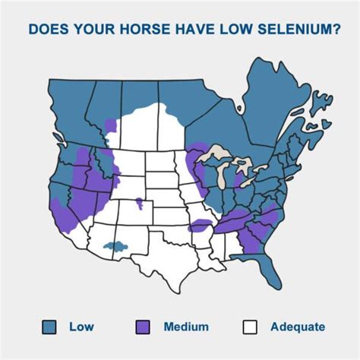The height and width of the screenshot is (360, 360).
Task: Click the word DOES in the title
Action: pos(47,30)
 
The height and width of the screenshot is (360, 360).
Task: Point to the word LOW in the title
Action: pos(216,30)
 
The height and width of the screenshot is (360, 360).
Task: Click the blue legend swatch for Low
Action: pos(49,327)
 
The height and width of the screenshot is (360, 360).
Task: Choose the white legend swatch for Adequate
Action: pos(250,327)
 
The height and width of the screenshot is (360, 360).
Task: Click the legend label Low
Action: pos(81,327)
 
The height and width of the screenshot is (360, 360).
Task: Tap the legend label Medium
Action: pos(186,327)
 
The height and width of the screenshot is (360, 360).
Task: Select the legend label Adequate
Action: pos(298,327)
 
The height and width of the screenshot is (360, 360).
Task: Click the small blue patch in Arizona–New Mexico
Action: pos(114,246)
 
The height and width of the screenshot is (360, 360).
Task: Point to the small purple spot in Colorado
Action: pos(139,202)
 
